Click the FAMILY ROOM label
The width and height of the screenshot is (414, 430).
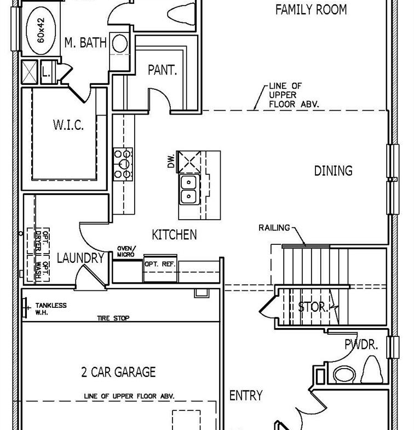[311, 10]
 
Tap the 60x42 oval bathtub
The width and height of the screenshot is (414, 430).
[41, 30]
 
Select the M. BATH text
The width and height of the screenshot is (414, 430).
[85, 43]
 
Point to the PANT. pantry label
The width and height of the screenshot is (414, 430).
[162, 70]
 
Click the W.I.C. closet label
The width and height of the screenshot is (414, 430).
[68, 125]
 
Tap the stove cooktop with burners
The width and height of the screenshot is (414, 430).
[123, 164]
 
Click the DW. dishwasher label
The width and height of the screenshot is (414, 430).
[171, 161]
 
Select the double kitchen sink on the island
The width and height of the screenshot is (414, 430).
[188, 189]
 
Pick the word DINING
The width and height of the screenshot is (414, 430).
[333, 170]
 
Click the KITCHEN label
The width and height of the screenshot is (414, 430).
[174, 235]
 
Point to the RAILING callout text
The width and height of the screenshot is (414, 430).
[274, 228]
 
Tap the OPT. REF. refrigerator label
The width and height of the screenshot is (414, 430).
[160, 264]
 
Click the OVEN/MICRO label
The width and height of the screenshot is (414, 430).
[126, 251]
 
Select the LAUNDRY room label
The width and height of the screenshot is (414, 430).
[81, 258]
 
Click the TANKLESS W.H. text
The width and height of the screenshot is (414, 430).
[51, 309]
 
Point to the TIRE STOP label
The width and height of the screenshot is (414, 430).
[113, 318]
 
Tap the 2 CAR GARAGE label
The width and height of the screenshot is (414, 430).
[118, 372]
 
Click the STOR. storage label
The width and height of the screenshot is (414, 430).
[313, 307]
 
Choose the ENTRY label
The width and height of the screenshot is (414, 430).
[246, 395]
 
